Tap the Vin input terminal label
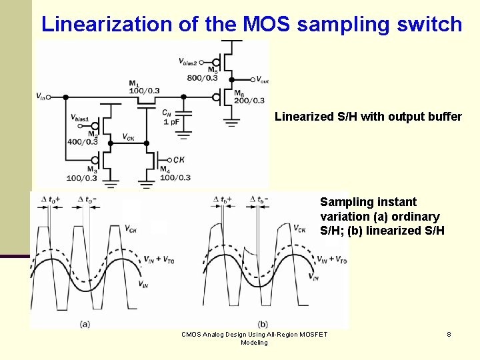point(41,97)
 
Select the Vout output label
point(262,81)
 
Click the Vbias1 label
point(80,118)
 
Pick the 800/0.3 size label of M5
point(203,78)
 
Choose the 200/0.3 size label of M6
point(249,101)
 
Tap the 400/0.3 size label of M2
point(83,141)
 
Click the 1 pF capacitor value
point(171,123)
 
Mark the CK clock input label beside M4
point(179,160)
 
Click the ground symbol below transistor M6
point(231,121)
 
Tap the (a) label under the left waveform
point(85,323)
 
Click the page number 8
point(449,334)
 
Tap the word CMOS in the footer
point(191,334)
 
